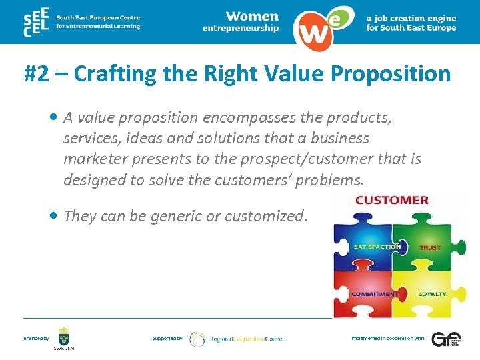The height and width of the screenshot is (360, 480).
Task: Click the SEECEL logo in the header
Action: pos(37,22)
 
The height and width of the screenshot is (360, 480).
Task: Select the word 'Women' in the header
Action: pos(251,16)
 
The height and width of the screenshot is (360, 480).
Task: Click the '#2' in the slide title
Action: pos(37,73)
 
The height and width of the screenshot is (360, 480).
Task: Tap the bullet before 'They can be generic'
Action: pos(53,215)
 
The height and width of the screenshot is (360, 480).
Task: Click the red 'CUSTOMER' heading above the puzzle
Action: pos(392,200)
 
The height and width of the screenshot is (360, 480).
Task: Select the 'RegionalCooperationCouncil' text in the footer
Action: pos(247,339)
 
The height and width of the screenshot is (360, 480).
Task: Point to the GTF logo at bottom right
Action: pos(445,339)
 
